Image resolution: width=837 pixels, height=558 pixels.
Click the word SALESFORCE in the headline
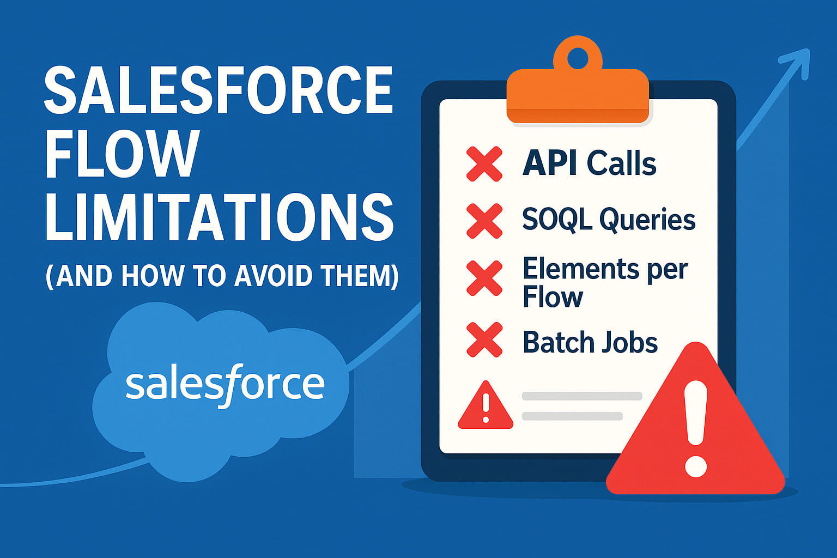218,90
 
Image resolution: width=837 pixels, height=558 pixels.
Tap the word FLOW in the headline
121,155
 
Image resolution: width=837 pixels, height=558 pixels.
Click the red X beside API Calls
484,163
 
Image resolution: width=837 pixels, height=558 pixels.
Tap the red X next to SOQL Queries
484,221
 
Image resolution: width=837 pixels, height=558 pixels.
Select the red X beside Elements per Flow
484,278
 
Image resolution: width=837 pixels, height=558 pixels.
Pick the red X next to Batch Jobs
484,339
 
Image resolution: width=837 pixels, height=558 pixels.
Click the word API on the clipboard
550,163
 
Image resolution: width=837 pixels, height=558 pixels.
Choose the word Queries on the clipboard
647,220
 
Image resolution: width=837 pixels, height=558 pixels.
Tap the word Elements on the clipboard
581,269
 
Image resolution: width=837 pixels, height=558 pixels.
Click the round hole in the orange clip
578,56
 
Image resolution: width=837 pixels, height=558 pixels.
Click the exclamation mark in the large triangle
696,428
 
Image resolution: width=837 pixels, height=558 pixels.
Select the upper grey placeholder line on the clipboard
582,396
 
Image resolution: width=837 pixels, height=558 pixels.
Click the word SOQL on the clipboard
556,219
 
